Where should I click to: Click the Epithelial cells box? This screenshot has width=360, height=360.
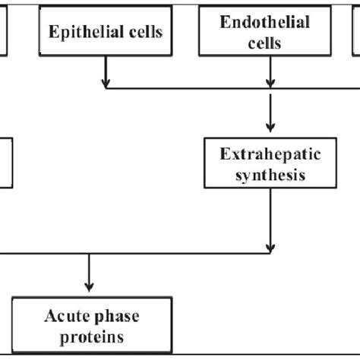106,33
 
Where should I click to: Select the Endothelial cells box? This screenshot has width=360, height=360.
265,33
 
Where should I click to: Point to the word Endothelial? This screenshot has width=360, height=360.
265,23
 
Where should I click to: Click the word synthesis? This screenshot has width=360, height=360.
265,175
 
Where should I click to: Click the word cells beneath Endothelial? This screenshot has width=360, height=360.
265,43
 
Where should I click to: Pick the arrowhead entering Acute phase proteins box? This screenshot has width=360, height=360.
90,289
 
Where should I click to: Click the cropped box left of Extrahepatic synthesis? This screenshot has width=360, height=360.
6,162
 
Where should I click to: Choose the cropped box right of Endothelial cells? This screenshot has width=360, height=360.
356,33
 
